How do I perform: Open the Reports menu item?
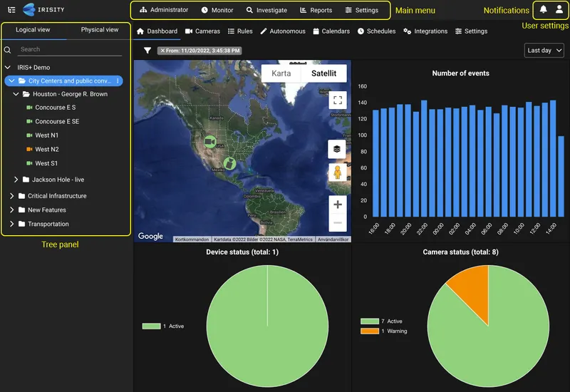[x=316, y=11]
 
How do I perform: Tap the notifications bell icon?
[x=544, y=9]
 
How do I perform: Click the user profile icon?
[x=559, y=9]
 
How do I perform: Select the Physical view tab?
[x=100, y=30]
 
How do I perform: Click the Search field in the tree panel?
[x=68, y=50]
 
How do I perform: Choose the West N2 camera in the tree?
[x=47, y=150]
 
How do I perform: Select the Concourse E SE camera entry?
[x=57, y=122]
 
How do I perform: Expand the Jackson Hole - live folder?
[x=16, y=180]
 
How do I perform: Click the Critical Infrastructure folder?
[x=57, y=196]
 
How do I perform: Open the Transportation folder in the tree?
[x=48, y=225]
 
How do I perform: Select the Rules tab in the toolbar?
[x=240, y=31]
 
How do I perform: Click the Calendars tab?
[x=331, y=31]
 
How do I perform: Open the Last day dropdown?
[x=544, y=51]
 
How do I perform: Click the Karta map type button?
[x=281, y=73]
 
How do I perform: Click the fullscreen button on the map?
[x=337, y=100]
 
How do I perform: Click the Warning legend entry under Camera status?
[x=388, y=331]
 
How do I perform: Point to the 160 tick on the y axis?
[x=362, y=86]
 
